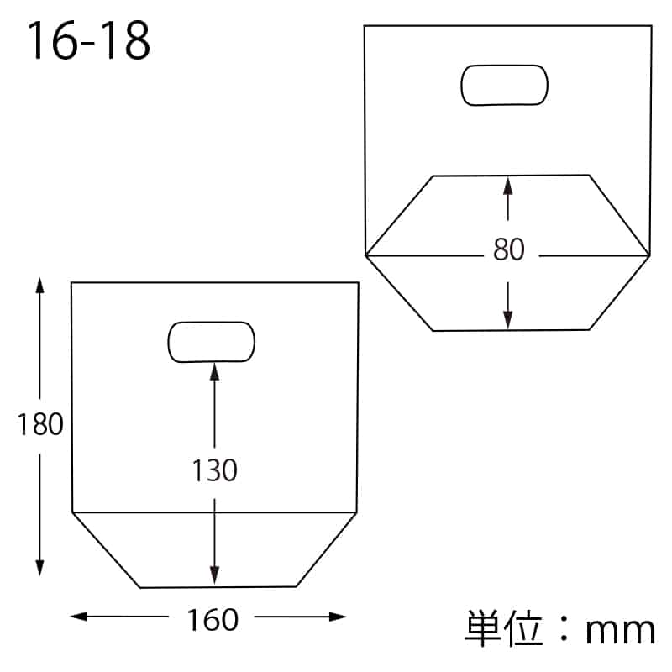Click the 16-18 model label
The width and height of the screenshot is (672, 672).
click(89, 40)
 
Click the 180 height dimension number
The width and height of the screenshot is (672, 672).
click(40, 424)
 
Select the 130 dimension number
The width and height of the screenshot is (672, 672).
click(215, 470)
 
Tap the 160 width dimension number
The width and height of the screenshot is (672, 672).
click(213, 620)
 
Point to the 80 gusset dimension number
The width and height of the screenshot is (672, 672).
click(509, 249)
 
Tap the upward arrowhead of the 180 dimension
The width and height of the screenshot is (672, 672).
click(39, 286)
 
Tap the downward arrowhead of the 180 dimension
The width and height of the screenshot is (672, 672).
click(39, 568)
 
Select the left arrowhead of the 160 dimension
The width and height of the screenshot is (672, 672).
click(78, 617)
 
